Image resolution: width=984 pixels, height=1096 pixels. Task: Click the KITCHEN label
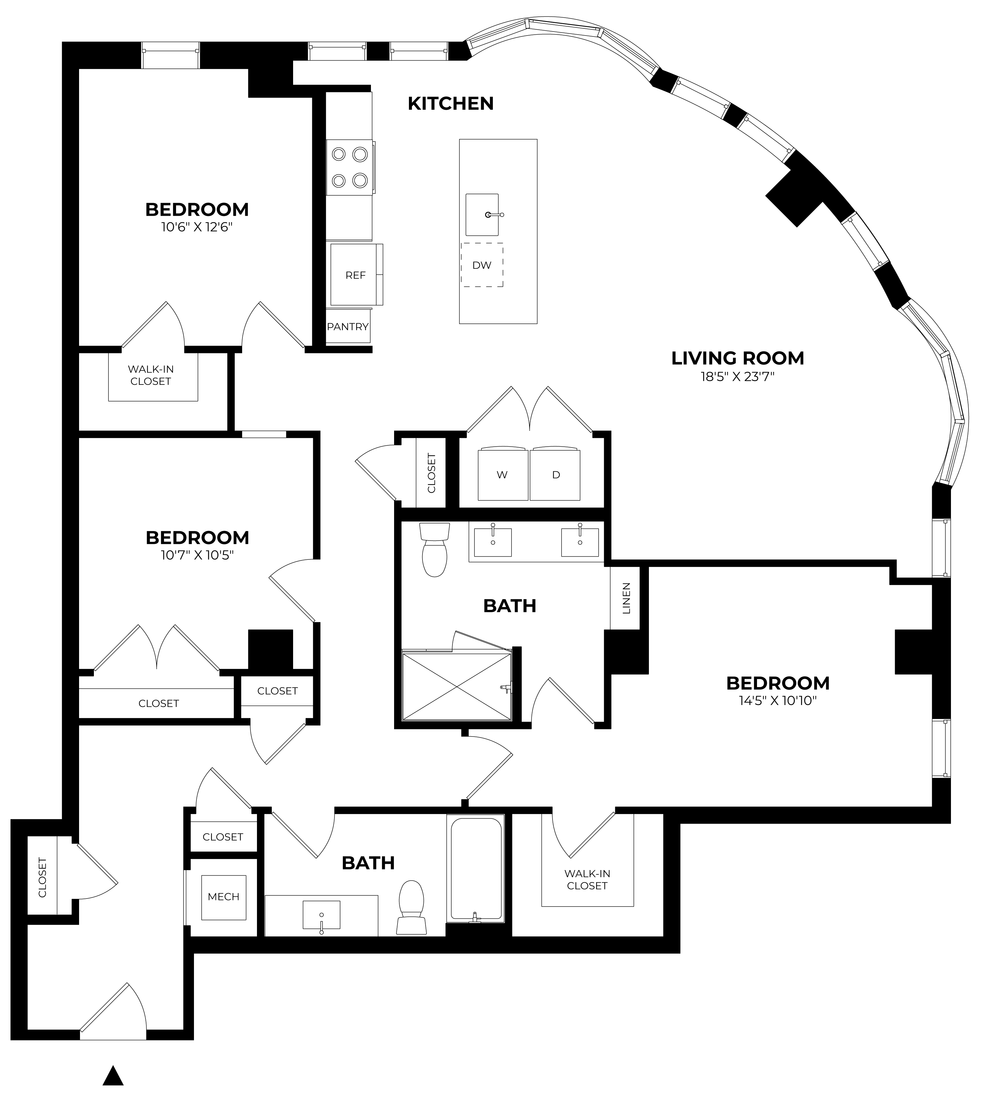[x=450, y=103]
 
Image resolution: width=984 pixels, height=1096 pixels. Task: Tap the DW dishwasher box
[x=482, y=265]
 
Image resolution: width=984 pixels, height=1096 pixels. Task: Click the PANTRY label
[x=348, y=327]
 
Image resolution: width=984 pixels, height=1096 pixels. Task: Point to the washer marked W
[x=502, y=474]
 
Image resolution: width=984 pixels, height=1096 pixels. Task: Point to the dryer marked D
[x=555, y=474]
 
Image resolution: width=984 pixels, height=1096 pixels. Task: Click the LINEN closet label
[x=626, y=598]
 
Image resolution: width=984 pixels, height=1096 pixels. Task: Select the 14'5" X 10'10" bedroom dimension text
[x=777, y=701]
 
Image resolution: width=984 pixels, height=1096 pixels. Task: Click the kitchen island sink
[x=482, y=215]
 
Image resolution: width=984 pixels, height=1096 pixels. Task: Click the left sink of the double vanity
[x=493, y=542]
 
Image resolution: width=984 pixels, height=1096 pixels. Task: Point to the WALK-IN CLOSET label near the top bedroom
[x=150, y=375]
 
